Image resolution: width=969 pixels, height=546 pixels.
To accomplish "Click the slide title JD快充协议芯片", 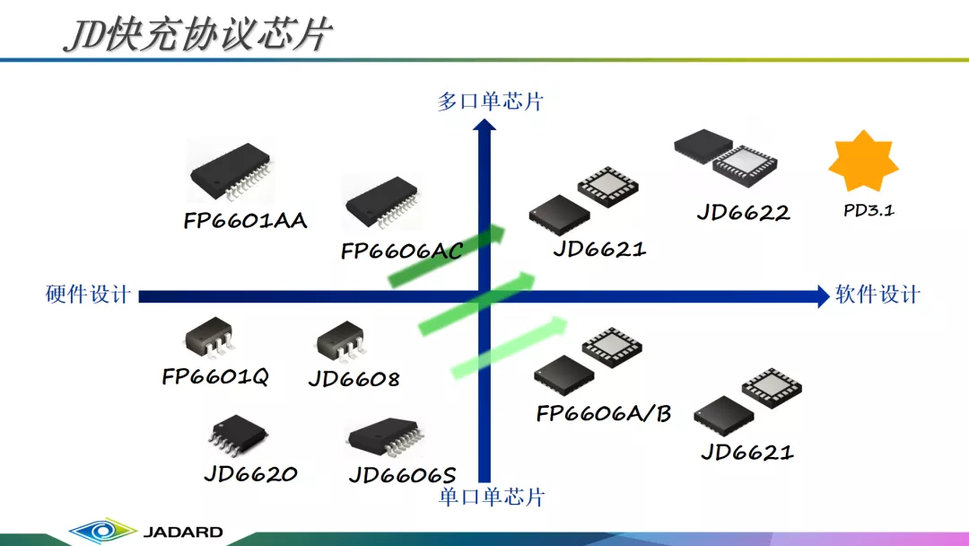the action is tap(198, 33).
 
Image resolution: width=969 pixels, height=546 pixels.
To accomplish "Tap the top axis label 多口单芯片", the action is tap(490, 101).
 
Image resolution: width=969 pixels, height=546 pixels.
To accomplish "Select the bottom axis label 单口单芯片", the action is tap(492, 497).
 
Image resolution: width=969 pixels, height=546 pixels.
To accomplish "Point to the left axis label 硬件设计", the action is tap(88, 295).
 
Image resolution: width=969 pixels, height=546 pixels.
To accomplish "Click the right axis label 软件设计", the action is tap(878, 295).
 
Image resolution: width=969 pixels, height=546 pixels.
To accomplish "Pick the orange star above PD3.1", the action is tap(863, 161).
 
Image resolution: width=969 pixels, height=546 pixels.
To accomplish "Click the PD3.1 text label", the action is tap(869, 210).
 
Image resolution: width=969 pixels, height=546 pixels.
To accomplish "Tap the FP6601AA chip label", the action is tap(245, 221).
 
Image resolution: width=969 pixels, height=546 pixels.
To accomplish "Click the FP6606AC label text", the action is tap(402, 251).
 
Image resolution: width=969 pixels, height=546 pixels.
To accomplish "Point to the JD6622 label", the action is tap(744, 213).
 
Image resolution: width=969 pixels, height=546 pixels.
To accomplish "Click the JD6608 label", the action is tap(354, 378).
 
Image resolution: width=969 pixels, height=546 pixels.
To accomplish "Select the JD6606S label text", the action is tap(402, 475).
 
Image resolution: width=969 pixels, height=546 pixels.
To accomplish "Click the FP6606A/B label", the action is tap(604, 413).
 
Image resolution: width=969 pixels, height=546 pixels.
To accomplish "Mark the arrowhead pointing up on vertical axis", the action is tap(484, 125).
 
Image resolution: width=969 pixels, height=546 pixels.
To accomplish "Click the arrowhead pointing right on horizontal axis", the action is tap(823, 296).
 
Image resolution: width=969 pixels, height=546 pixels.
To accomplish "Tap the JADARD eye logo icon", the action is tap(102, 531).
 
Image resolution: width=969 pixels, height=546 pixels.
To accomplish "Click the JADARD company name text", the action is tap(183, 532).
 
